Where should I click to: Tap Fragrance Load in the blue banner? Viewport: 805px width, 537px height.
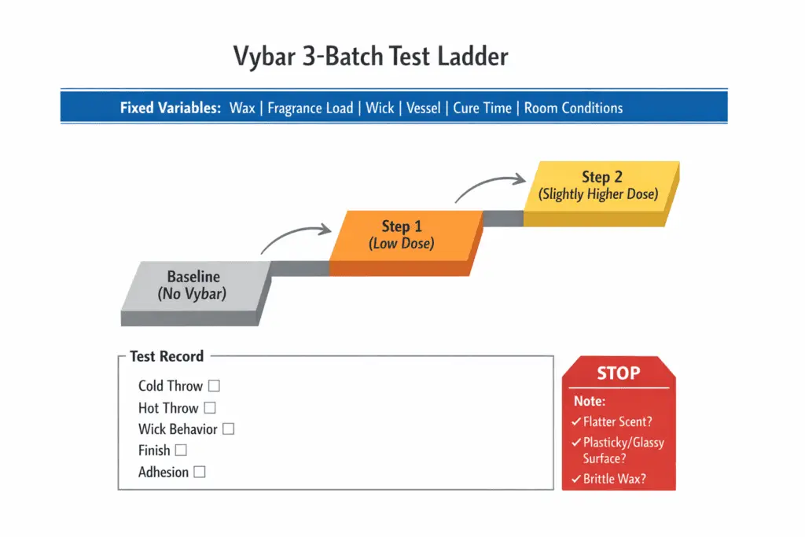[310, 109]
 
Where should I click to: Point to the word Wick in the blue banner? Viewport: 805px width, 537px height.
[380, 109]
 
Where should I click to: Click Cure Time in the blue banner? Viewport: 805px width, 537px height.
[482, 109]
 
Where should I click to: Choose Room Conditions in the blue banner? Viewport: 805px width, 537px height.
[573, 109]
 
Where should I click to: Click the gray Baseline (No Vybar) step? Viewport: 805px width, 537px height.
[193, 286]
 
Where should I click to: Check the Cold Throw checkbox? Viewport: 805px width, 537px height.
[214, 386]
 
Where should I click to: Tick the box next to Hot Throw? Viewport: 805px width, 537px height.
[209, 408]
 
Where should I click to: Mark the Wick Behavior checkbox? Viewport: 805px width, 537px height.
[228, 429]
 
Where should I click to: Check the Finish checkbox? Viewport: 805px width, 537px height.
[181, 451]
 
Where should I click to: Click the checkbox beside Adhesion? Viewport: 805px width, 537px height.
[200, 472]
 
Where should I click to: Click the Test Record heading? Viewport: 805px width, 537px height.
[166, 356]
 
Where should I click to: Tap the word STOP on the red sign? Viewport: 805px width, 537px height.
[619, 373]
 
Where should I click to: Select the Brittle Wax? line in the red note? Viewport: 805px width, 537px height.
[614, 478]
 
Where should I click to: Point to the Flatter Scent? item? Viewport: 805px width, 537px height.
[617, 422]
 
